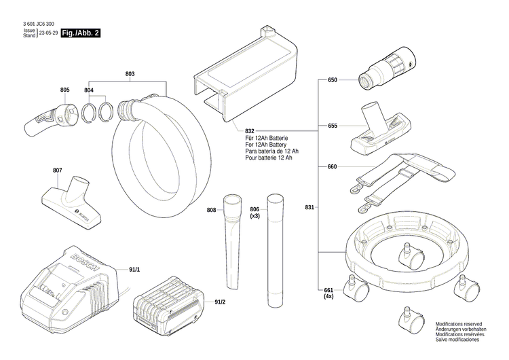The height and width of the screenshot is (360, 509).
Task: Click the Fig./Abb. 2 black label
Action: pyautogui.click(x=81, y=33)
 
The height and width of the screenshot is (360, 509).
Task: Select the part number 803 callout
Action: pyautogui.click(x=130, y=73)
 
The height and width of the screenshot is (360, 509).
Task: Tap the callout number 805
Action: pyautogui.click(x=64, y=90)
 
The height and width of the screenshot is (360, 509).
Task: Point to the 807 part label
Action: pyautogui.click(x=57, y=170)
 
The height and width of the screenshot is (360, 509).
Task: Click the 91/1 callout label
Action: pyautogui.click(x=134, y=270)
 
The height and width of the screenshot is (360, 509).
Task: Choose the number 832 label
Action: pyautogui.click(x=250, y=130)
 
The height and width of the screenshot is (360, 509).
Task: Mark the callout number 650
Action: pyautogui.click(x=333, y=80)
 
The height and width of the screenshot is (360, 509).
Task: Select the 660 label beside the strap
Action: pyautogui.click(x=333, y=166)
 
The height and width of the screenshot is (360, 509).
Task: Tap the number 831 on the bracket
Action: pyautogui.click(x=310, y=207)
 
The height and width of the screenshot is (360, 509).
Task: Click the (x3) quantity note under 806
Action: pyautogui.click(x=255, y=216)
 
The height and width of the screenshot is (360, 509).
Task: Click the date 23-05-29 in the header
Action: pyautogui.click(x=47, y=33)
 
